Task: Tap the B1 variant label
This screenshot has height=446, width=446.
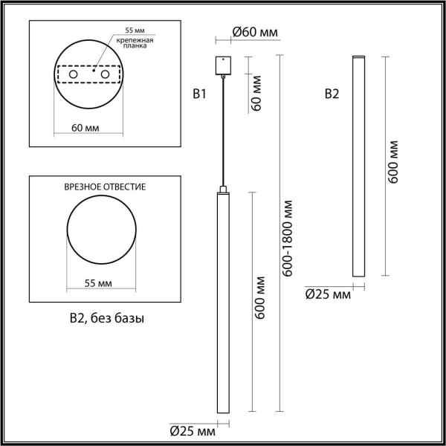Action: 198,94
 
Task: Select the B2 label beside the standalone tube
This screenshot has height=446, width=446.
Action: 332,94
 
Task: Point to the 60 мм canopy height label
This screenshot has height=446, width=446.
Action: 258,94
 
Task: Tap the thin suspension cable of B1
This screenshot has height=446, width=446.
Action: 221,130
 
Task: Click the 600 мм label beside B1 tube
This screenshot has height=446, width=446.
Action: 260,297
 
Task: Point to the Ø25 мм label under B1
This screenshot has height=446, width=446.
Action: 192,430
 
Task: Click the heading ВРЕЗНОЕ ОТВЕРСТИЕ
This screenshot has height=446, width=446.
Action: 105,186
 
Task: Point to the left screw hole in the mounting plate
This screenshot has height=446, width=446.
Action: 74,75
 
